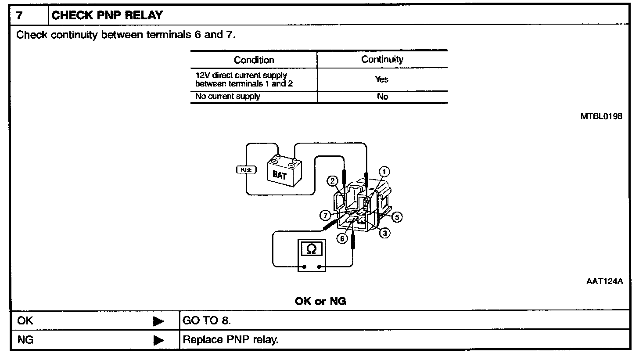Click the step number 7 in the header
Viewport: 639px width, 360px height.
(19, 15)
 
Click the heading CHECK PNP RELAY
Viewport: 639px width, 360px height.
(107, 15)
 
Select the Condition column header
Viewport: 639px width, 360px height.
(254, 60)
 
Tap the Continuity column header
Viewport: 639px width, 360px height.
(382, 59)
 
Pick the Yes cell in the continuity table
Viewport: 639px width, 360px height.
(382, 79)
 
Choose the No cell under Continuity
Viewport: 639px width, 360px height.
(383, 97)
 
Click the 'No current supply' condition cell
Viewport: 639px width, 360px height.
(228, 97)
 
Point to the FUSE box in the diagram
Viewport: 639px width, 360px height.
(247, 170)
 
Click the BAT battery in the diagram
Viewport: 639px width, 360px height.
(284, 171)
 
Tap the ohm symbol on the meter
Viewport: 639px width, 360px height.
(312, 249)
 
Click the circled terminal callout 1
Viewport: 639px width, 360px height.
(384, 172)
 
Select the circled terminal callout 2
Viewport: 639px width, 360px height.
(332, 181)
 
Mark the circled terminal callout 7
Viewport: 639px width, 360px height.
(325, 216)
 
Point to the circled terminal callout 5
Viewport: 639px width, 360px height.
(397, 217)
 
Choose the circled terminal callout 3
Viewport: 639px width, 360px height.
(385, 233)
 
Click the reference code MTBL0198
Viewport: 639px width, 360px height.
(601, 116)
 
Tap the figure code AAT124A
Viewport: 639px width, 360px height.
(604, 281)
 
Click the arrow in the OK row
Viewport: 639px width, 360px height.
(158, 321)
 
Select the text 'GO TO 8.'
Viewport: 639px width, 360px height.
(207, 320)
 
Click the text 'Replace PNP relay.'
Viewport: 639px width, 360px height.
(230, 340)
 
